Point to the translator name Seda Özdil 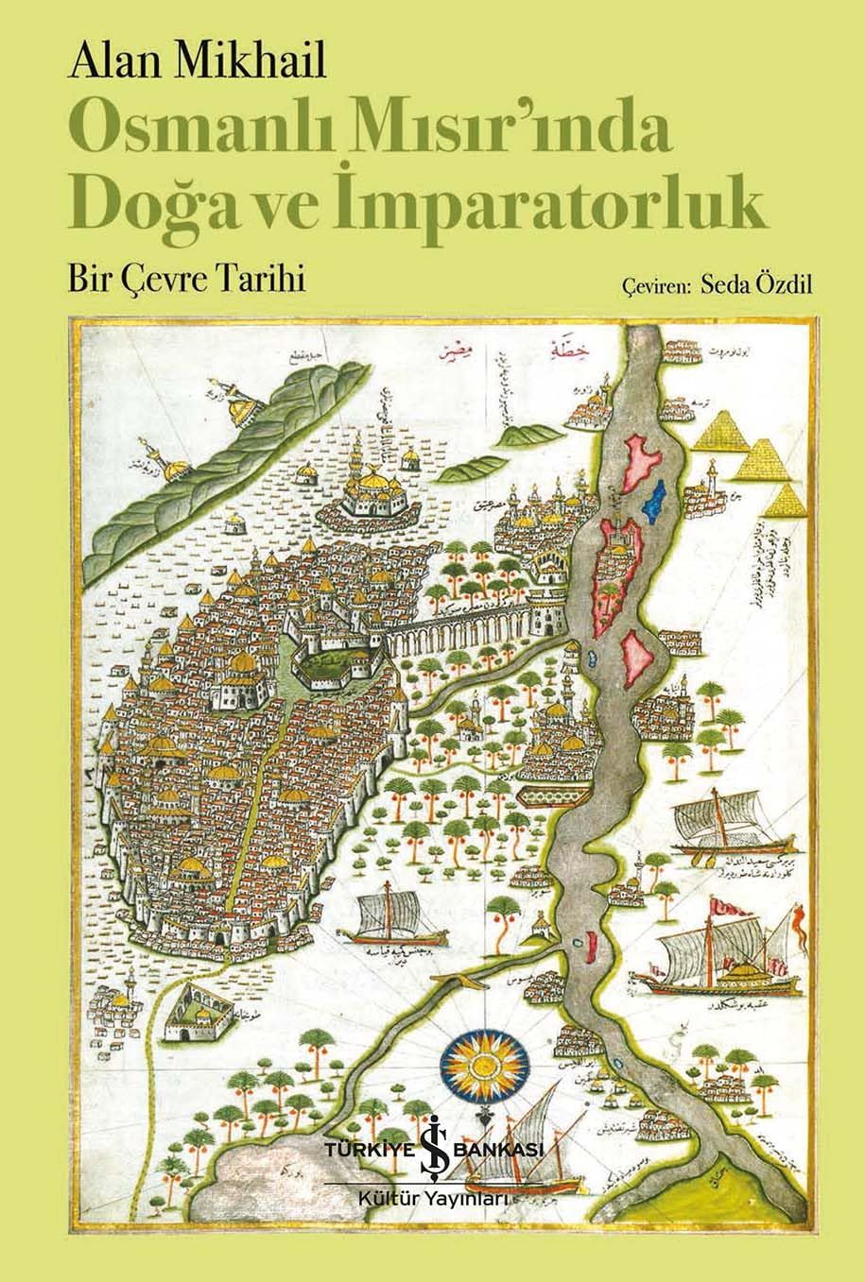[756, 285]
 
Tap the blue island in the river [653, 499]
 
